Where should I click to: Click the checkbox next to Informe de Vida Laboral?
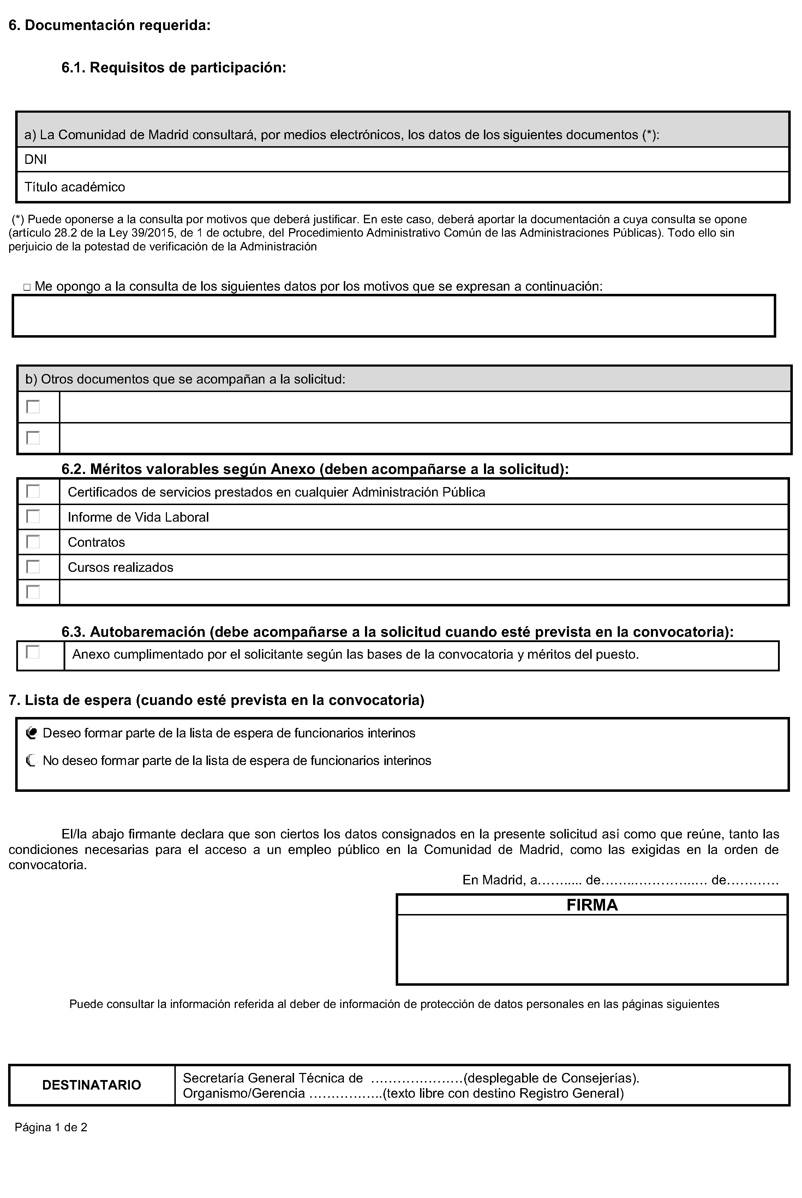pos(33,516)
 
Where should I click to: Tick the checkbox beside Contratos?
pos(33,541)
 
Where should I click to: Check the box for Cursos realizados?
pos(33,567)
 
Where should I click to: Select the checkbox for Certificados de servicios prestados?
pos(33,491)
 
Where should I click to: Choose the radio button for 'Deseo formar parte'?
pos(31,733)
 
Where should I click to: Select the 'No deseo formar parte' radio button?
pos(31,761)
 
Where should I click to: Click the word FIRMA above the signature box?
pos(592,905)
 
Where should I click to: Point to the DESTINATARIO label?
pos(91,1085)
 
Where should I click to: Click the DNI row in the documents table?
pos(36,160)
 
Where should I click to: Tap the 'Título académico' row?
pos(75,187)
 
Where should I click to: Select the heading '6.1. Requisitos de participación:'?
pos(173,67)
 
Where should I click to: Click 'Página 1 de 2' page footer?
pos(50,1127)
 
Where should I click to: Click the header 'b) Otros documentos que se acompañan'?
pos(185,379)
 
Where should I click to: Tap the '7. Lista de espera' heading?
pos(216,700)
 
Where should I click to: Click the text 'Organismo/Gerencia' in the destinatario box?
pos(244,1093)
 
